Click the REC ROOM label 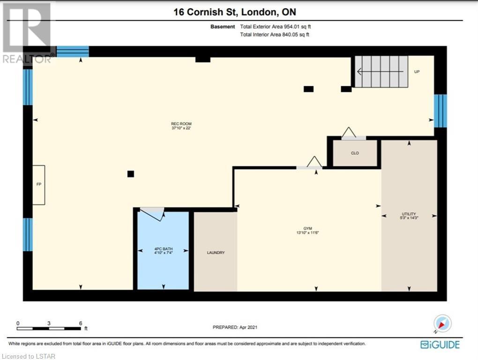pos(181,124)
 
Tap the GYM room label pos(307,228)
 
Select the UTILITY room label pos(409,214)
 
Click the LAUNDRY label pos(216,253)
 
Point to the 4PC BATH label pos(164,249)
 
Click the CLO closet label pos(355,153)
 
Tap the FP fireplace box pos(39,185)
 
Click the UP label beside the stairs pos(417,72)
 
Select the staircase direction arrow pos(380,72)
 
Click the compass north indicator pos(442,323)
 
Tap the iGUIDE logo pos(440,345)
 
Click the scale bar pos(49,329)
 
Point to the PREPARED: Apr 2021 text pos(235,327)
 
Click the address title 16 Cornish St pos(206,12)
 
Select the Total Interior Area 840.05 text pos(274,34)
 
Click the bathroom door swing pos(153,214)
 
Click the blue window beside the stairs pos(440,111)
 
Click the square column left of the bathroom pos(130,174)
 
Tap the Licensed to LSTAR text pos(28,356)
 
